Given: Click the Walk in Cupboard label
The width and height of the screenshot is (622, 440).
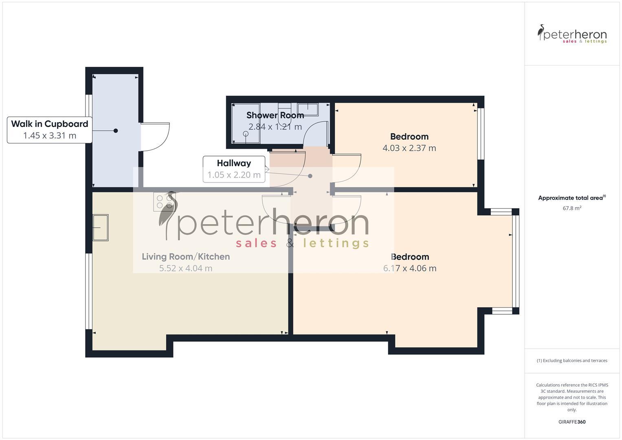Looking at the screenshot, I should tap(50, 124).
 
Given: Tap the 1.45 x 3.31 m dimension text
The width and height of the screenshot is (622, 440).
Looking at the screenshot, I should tap(50, 136).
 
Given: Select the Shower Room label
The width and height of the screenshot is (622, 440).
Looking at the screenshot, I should tap(275, 115).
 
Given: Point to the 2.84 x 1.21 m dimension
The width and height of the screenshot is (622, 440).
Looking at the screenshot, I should tap(275, 127).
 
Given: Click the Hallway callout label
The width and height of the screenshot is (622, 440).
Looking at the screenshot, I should tap(234, 163).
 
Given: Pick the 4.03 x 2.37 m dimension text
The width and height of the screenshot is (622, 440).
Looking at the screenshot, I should tap(409, 148).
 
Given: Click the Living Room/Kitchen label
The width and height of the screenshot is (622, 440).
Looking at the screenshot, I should tap(186, 257).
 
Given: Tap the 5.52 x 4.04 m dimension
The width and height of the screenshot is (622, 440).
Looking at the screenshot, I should tap(186, 268).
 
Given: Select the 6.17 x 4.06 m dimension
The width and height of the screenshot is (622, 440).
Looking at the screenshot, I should tap(410, 268).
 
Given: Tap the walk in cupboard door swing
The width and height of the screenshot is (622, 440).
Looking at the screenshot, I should tap(155, 136).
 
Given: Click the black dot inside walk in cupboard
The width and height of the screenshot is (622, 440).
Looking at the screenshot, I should tap(116, 131).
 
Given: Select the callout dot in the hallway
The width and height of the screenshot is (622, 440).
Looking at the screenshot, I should tap(310, 176).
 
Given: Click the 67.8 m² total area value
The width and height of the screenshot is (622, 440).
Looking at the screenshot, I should tap(572, 208).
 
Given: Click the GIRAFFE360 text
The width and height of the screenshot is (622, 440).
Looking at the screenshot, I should tap(572, 422).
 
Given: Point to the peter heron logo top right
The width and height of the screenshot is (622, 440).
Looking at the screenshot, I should tap(572, 34).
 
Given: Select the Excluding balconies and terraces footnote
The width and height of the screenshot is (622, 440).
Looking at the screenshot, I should tap(572, 361).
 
